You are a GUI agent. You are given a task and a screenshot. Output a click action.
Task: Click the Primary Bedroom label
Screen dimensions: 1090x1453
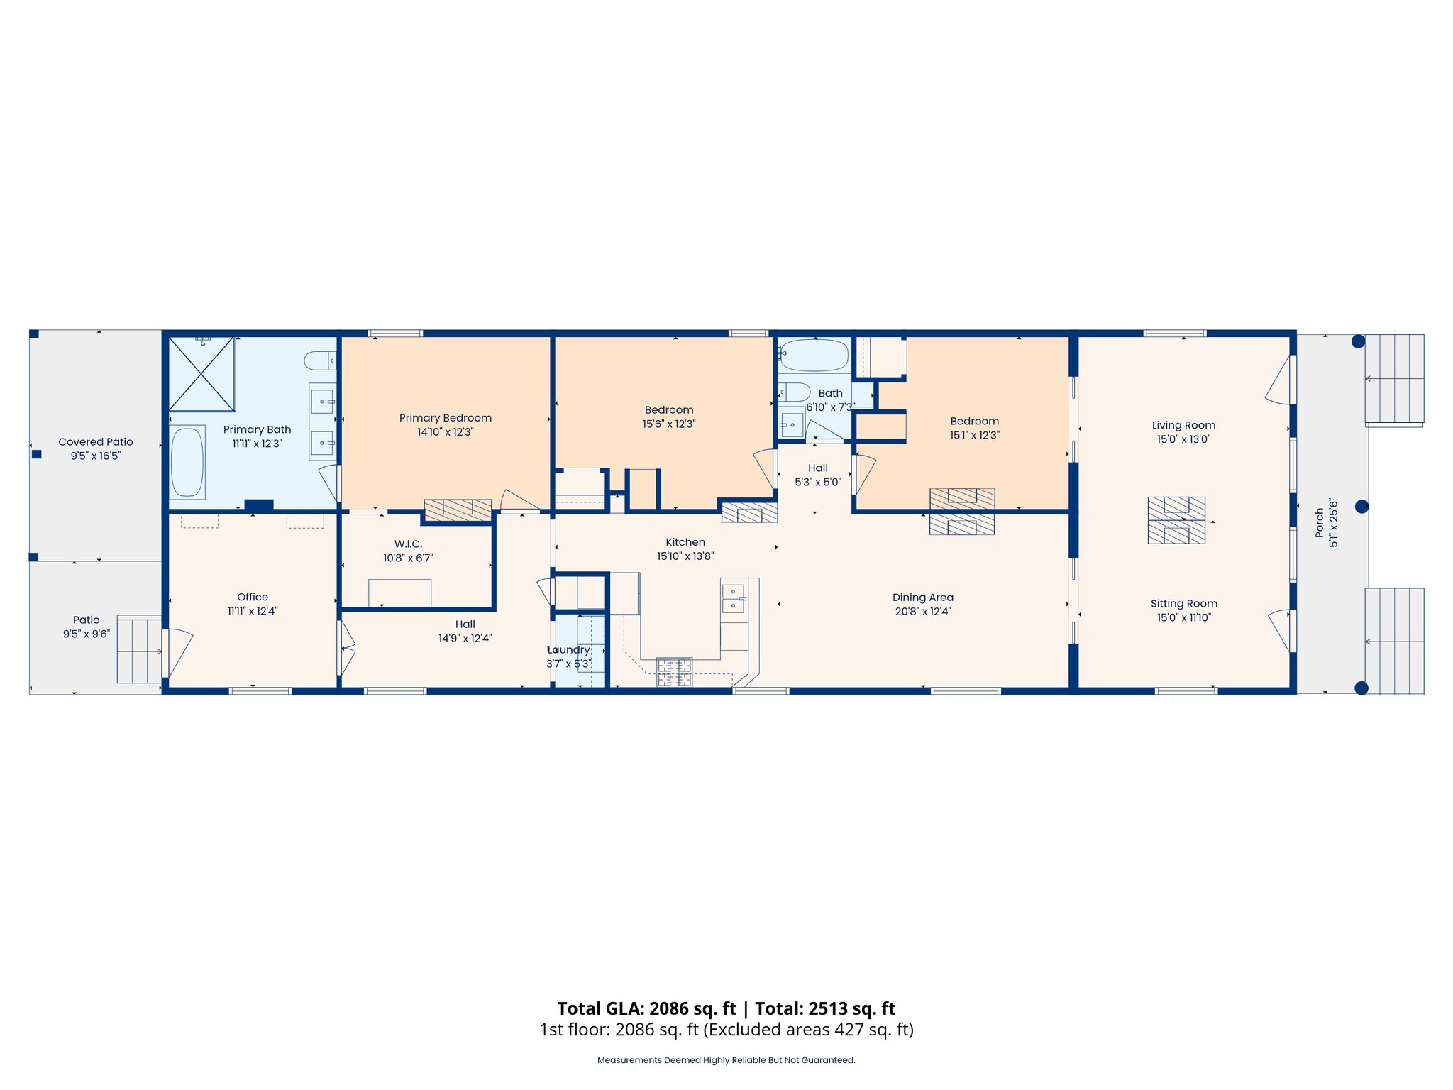pyautogui.click(x=445, y=418)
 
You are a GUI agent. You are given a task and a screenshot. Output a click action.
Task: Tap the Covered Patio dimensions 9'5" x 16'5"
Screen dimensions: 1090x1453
pyautogui.click(x=96, y=456)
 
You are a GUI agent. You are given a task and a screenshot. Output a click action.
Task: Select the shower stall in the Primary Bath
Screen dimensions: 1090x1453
pyautogui.click(x=201, y=374)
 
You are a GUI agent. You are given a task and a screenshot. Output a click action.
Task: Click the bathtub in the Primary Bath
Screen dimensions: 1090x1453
pyautogui.click(x=187, y=462)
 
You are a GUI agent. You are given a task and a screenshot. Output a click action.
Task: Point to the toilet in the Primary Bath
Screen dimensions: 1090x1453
pyautogui.click(x=320, y=360)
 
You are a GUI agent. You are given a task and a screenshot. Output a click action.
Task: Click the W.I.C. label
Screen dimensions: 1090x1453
pyautogui.click(x=408, y=544)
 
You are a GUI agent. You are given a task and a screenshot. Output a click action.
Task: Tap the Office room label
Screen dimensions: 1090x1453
pyautogui.click(x=253, y=597)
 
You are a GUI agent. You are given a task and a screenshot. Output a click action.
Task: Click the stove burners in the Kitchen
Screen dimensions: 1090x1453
pyautogui.click(x=674, y=672)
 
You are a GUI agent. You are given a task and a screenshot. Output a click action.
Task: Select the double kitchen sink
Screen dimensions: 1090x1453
pyautogui.click(x=733, y=598)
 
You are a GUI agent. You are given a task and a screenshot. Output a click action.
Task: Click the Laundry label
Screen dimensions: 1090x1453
pyautogui.click(x=569, y=649)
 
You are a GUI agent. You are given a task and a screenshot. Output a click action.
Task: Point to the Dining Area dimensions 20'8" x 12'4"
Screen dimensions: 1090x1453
pyautogui.click(x=922, y=611)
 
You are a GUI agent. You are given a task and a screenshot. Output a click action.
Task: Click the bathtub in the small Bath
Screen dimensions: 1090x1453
pyautogui.click(x=814, y=355)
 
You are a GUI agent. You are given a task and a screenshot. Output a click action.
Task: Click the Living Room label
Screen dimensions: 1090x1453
pyautogui.click(x=1183, y=425)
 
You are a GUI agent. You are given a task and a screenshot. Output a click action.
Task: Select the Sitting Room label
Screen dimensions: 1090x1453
pyautogui.click(x=1183, y=603)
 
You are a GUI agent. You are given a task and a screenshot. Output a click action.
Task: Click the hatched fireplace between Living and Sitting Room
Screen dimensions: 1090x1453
pyautogui.click(x=1176, y=520)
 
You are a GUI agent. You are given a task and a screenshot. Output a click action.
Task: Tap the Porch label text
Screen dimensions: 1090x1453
pyautogui.click(x=1319, y=522)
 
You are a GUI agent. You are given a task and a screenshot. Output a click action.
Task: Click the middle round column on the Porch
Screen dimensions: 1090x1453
pyautogui.click(x=1361, y=506)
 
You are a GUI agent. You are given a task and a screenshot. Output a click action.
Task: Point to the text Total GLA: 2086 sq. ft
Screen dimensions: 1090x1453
pyautogui.click(x=646, y=1008)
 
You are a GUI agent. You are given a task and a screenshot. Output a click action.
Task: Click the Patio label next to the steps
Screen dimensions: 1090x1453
pyautogui.click(x=86, y=620)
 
